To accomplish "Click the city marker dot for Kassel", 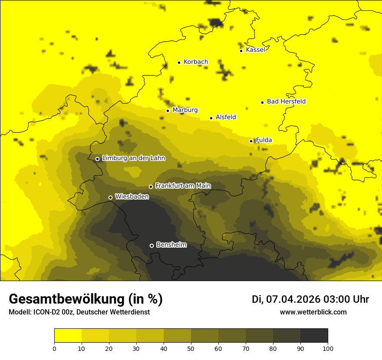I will coord(241,51).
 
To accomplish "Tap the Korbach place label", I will coord(196,62).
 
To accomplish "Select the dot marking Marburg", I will coord(168,111).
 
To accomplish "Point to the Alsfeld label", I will coord(226,117).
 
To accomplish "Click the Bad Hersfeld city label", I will coord(286,101).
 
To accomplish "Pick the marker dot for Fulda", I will coord(251,141).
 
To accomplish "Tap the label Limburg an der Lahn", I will coord(134,158).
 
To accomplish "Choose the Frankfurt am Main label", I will coord(183,186).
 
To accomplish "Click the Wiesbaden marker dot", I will coord(110,197).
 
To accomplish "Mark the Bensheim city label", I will coord(171,245).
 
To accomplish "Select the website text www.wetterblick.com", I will coord(313,312).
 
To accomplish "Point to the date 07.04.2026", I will coord(293,299).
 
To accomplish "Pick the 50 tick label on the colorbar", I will coord(191,348).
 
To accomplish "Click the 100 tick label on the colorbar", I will coord(328,348).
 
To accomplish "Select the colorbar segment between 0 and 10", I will coord(68,336).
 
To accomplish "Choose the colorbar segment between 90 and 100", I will coord(314,336).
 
